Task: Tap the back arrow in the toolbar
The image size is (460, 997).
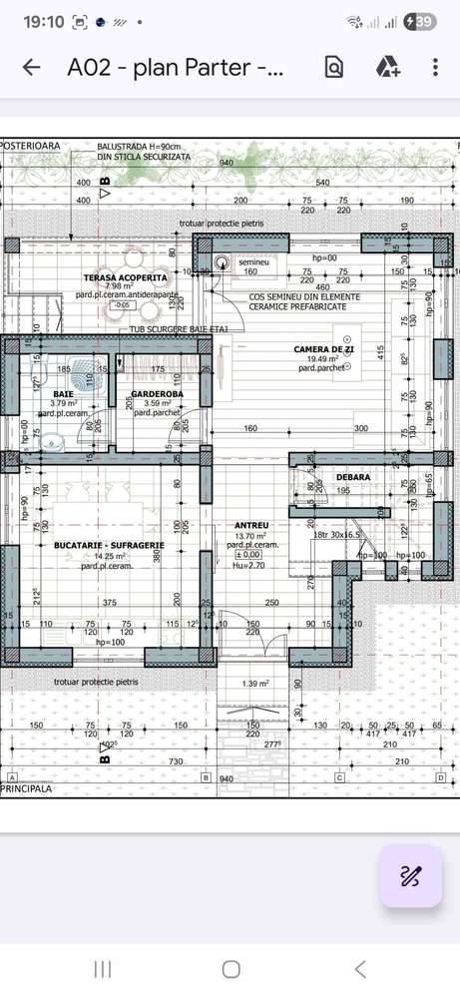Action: (32, 67)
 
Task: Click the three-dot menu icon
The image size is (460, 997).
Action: (435, 67)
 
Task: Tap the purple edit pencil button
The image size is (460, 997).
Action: (410, 876)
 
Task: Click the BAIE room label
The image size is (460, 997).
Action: (63, 394)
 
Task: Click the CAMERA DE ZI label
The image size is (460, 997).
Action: (324, 348)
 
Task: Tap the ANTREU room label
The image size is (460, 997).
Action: (250, 525)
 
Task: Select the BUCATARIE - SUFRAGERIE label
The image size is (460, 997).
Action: (102, 546)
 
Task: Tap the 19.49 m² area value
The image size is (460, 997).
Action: (323, 358)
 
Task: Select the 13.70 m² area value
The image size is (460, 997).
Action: (250, 536)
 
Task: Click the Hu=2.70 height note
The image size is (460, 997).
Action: (250, 565)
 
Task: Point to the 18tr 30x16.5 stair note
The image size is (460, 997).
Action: (336, 535)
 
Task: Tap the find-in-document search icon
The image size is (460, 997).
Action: (333, 67)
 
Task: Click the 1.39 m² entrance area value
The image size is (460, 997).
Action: (256, 684)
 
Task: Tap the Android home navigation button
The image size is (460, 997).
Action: (230, 969)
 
